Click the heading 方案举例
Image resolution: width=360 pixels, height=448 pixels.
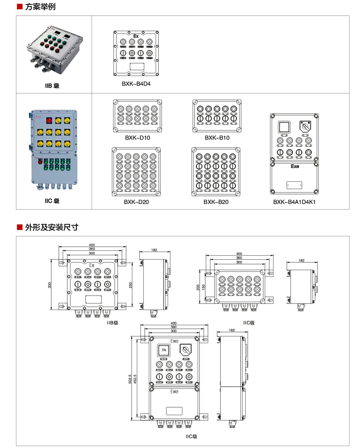coord(40,7)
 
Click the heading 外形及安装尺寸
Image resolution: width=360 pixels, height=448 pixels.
coord(52,227)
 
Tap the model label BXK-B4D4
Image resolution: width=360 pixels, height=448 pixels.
coord(136,84)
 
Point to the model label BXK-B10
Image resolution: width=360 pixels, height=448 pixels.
coord(217,138)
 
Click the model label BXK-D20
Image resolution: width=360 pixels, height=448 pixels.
coord(136,202)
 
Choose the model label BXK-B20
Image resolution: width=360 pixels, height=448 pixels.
coord(216,202)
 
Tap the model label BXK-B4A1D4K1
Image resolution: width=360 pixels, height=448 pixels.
coord(294,202)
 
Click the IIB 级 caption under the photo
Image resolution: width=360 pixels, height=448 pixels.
coord(52,86)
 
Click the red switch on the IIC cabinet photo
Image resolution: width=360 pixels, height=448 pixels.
coord(50,120)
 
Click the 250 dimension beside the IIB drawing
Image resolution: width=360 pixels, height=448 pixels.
coord(130,284)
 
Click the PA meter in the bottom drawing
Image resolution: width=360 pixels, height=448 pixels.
coord(163,350)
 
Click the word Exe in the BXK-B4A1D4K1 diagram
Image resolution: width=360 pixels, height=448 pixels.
coord(295,166)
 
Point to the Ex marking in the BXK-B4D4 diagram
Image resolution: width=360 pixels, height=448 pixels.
coord(136,36)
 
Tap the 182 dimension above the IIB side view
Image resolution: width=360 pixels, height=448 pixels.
coord(154,250)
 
